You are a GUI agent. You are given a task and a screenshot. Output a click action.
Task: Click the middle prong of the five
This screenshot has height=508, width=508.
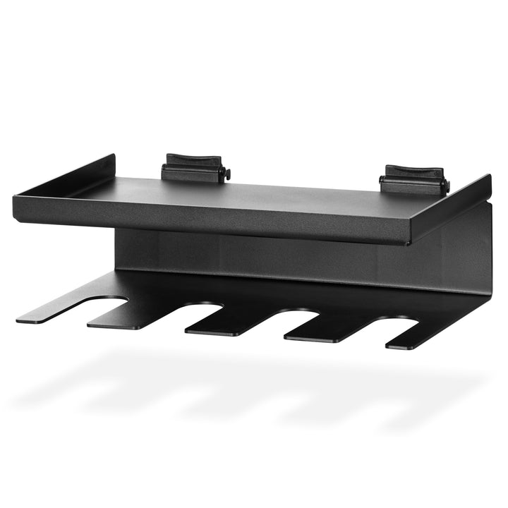click(x=226, y=323)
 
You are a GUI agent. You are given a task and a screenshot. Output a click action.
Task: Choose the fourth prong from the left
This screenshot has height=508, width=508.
click(x=321, y=331)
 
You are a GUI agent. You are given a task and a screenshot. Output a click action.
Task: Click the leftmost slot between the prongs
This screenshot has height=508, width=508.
click(x=106, y=305)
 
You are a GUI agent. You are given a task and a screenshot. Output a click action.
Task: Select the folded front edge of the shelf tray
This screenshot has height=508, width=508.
click(x=212, y=222)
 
